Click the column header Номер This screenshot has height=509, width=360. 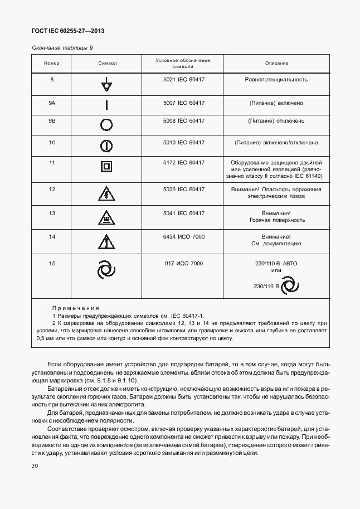pos(52,64)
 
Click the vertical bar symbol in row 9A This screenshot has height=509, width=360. pos(107,105)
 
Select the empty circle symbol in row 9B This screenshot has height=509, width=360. pos(107,125)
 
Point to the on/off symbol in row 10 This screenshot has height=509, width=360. pos(107,146)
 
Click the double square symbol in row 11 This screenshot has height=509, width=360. pos(107,167)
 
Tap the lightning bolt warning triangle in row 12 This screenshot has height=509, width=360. pos(107,193)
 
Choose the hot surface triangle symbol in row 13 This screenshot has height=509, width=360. pos(107,218)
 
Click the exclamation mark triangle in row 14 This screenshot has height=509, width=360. pos(107,242)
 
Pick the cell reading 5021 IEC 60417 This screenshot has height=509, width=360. pos(183,80)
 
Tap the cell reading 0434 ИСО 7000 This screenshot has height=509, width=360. pos(183,237)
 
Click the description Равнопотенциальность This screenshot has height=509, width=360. pos(276,80)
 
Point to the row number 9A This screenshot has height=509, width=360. pos(52,103)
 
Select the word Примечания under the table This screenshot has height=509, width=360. pos(75,308)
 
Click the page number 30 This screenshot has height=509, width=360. pos(35,465)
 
